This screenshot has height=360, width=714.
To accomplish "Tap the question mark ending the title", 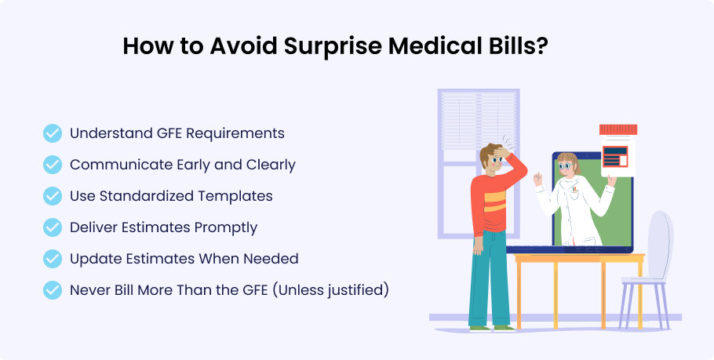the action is coord(541,45).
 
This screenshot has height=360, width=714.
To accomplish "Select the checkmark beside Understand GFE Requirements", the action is coord(53,133).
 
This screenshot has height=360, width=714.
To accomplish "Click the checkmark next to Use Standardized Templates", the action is coord(53,196).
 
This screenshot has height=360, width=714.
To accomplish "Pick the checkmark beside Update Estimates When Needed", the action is coord(53,259).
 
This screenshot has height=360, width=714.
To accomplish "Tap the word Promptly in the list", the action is coord(226,227).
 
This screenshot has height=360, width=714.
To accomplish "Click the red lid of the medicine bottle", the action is coord(618,129).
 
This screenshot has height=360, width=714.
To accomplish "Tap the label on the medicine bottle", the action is coord(614,156).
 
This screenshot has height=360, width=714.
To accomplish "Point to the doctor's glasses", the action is coord(565,166).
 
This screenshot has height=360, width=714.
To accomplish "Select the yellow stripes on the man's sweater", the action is coord(494,202).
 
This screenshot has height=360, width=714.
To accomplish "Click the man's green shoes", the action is coord(492,328).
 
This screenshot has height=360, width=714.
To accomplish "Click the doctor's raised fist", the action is coord(537,178).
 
